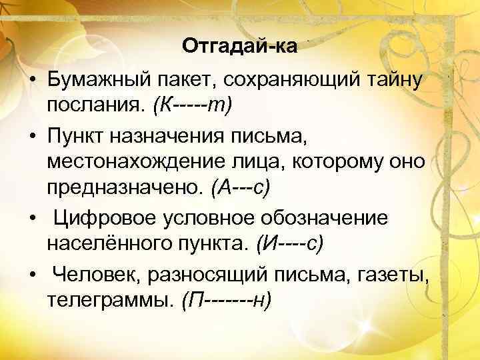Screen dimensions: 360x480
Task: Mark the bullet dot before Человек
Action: point(32,274)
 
